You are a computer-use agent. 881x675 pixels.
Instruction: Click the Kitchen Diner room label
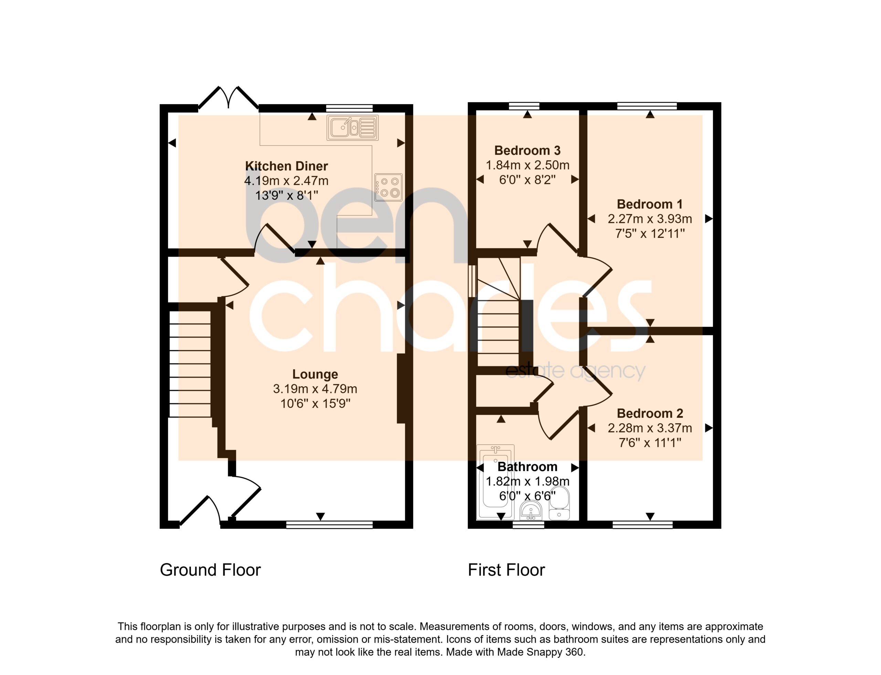(286, 166)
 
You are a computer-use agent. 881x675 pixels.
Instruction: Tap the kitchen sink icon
(352, 128)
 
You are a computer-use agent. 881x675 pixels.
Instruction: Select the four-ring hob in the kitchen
(388, 187)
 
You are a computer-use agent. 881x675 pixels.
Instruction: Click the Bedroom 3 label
(527, 150)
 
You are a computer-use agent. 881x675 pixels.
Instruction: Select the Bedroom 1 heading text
(649, 204)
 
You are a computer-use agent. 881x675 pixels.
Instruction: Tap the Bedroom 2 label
(649, 414)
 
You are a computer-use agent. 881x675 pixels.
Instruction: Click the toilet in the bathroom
(559, 503)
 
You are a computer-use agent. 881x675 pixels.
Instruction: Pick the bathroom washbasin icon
(531, 510)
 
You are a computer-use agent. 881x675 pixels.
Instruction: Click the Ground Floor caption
(210, 570)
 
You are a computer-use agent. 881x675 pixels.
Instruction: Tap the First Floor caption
(506, 570)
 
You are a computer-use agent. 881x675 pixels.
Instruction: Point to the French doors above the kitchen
(228, 98)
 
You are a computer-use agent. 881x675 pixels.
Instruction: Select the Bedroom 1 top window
(647, 106)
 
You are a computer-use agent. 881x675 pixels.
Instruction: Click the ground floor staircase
(190, 364)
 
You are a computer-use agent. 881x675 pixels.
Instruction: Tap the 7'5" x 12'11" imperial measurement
(649, 234)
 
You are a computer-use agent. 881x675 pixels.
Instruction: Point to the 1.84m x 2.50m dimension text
(527, 165)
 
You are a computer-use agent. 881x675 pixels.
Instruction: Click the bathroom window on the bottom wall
(529, 524)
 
